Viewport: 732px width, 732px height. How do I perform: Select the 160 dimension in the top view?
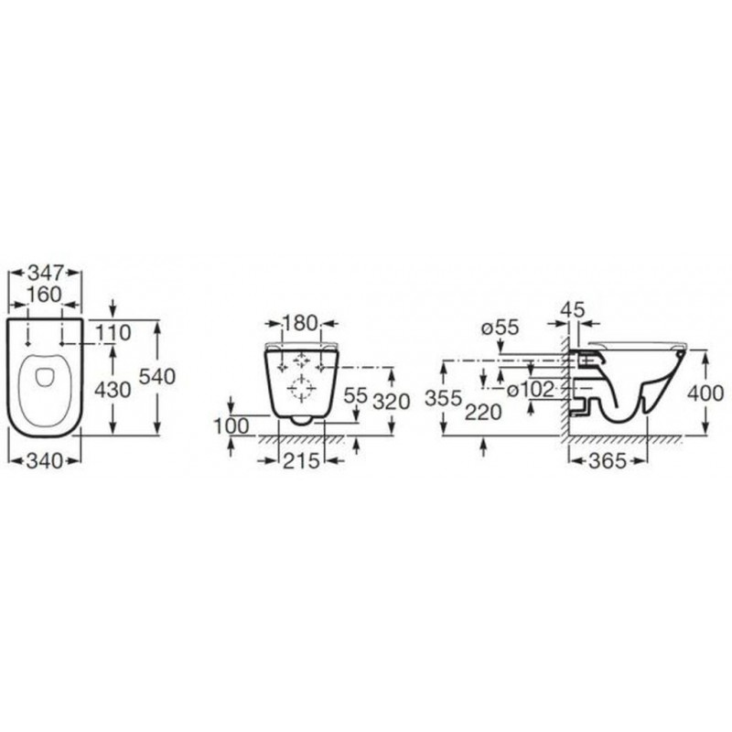click(44, 295)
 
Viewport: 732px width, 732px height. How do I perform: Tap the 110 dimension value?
click(113, 333)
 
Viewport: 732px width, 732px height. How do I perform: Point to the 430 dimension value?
click(113, 390)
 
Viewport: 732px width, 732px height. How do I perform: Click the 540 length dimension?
click(157, 377)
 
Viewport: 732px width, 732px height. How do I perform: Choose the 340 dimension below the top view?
click(45, 461)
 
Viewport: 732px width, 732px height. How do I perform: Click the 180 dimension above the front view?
click(301, 323)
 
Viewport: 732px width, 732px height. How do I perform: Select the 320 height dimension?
click(392, 402)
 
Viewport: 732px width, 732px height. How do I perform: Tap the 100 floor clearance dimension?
click(232, 426)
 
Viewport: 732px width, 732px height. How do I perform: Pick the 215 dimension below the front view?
click(302, 461)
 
